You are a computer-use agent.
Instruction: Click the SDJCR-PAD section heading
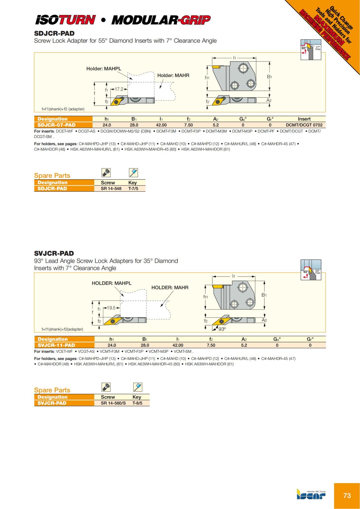(x=54, y=34)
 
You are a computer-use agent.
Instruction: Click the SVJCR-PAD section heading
(x=54, y=253)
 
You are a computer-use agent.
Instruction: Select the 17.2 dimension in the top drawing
(x=119, y=89)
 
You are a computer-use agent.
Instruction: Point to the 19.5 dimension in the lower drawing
(x=111, y=308)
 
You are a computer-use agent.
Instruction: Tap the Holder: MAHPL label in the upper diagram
(x=103, y=69)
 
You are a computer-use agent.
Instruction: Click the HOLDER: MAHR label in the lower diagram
(x=170, y=288)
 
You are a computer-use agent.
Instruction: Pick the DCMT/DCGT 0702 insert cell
(x=304, y=125)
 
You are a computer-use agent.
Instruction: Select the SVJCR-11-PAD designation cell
(x=56, y=345)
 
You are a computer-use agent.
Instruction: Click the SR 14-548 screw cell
(x=111, y=189)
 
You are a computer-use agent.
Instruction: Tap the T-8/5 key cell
(x=137, y=403)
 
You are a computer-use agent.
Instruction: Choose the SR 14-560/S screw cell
(x=113, y=403)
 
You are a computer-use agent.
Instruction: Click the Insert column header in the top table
(x=304, y=119)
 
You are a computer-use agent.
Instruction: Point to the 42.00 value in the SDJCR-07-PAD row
(x=161, y=125)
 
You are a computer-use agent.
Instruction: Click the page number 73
(x=347, y=496)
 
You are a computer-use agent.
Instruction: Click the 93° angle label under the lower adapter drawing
(x=222, y=329)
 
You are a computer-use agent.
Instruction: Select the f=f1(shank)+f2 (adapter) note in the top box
(x=63, y=109)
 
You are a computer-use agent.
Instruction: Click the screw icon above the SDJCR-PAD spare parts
(x=106, y=173)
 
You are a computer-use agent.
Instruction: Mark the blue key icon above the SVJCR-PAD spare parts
(x=137, y=387)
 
